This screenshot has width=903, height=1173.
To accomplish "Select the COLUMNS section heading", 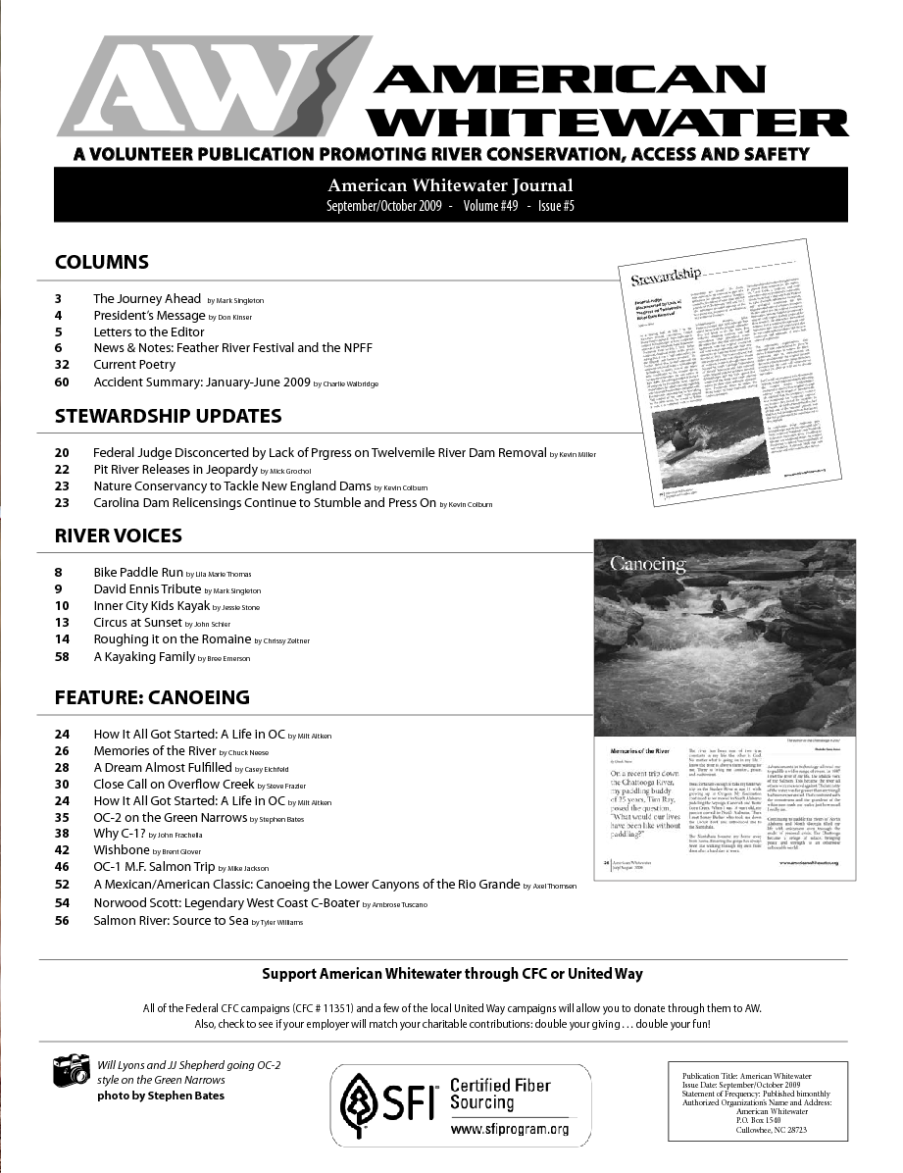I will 102,262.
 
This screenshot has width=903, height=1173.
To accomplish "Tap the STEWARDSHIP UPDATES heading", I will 168,416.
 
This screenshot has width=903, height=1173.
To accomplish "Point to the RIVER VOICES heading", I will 119,536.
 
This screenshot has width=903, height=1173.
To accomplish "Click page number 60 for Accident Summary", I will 62,382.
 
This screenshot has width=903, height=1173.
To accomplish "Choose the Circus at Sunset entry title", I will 138,622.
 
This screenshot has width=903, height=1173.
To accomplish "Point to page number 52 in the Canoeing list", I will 62,885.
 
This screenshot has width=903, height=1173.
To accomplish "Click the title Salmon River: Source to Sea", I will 171,921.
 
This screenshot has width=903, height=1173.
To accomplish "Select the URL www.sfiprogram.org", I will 509,1130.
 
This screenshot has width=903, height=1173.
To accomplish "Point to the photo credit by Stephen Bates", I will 161,1096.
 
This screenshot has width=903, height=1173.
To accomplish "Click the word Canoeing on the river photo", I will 648,564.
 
